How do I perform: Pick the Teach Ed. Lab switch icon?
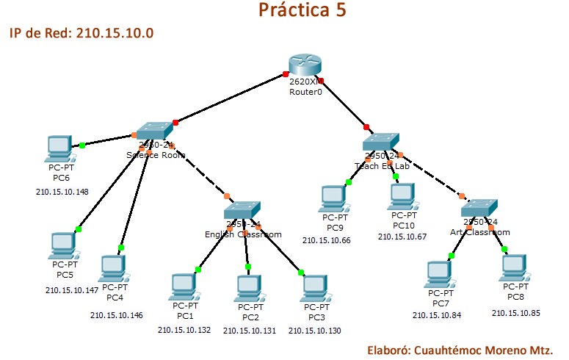(381, 142)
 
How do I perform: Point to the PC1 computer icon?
(184, 287)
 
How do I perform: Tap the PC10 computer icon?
(402, 196)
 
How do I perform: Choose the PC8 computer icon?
(514, 268)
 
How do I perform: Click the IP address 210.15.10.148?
(62, 192)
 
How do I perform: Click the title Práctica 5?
(302, 10)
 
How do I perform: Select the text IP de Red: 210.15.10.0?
(81, 34)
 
